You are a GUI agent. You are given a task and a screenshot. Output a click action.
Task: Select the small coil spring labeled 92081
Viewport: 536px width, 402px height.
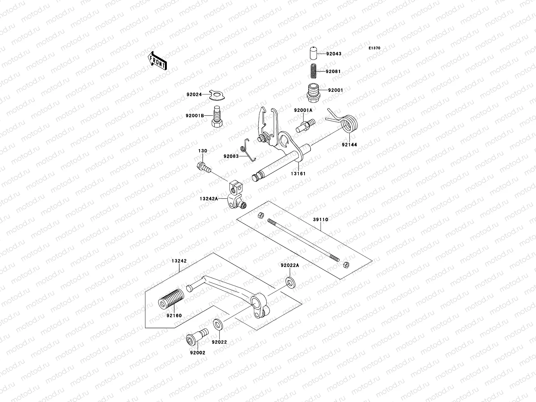(312, 71)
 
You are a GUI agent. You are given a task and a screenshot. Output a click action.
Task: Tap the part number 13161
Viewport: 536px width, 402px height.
(298, 174)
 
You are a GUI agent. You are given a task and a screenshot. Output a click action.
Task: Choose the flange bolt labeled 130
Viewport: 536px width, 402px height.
(203, 166)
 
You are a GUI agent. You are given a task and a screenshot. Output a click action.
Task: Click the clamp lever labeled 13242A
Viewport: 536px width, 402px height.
(236, 197)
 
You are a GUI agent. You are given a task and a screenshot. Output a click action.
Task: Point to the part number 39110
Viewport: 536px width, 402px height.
(321, 220)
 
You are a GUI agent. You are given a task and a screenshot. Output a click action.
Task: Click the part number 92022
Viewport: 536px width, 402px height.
(219, 342)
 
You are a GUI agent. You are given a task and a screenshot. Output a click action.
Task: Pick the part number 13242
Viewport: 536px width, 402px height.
(179, 261)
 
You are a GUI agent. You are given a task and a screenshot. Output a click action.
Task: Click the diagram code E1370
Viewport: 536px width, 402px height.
(375, 48)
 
